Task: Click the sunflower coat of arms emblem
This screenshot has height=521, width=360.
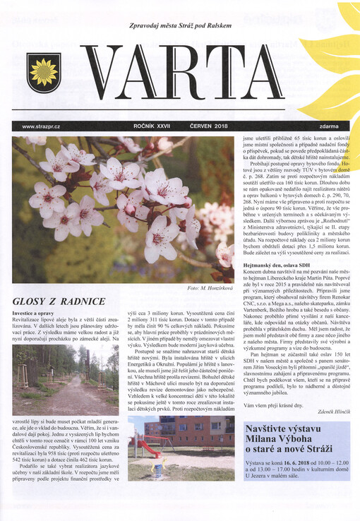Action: click(x=44, y=73)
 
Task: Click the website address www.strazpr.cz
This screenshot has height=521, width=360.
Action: click(x=42, y=126)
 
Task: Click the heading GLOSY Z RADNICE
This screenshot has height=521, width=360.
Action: click(x=54, y=302)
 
